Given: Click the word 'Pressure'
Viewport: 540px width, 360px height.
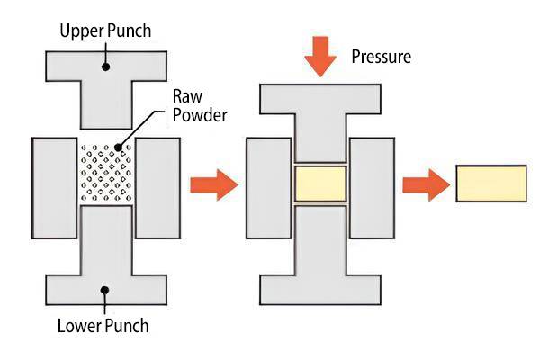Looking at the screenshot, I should tap(381, 57).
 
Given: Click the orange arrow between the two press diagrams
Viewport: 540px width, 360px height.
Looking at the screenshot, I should tap(213, 186).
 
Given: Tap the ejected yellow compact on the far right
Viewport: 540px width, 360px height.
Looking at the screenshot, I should tap(491, 184).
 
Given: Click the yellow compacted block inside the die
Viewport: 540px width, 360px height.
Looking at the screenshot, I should tap(320, 184).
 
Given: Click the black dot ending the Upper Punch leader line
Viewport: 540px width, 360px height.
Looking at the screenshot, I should tap(105, 65).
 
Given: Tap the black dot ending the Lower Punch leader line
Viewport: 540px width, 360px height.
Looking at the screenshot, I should tap(105, 290).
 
